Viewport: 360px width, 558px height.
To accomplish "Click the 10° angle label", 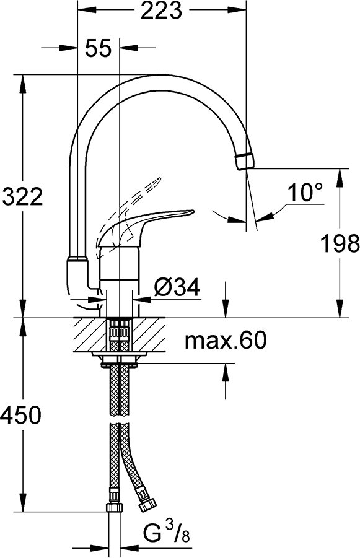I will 305,194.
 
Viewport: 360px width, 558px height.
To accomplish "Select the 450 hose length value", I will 22,415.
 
